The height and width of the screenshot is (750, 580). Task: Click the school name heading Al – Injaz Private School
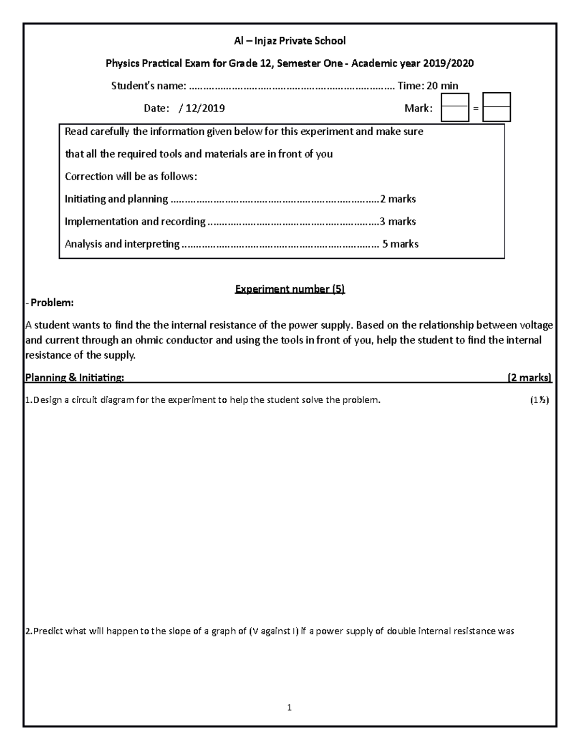(x=290, y=41)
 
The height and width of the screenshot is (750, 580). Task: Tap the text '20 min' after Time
(x=442, y=86)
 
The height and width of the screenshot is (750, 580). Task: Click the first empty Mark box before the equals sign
(x=455, y=107)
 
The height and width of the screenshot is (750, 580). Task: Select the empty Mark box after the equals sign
(x=496, y=107)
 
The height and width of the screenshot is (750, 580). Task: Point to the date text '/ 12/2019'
(x=202, y=108)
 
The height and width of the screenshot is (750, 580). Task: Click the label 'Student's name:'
(x=148, y=86)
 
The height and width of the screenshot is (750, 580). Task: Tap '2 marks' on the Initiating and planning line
(x=398, y=199)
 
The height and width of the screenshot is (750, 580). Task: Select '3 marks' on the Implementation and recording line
(x=397, y=222)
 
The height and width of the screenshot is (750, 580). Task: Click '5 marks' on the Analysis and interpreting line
(x=400, y=244)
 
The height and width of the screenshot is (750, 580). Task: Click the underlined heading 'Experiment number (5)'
(x=290, y=289)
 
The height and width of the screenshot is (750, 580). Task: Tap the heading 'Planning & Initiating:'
(x=74, y=378)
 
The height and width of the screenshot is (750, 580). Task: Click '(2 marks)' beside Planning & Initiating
(x=529, y=378)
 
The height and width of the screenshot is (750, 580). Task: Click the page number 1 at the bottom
(x=290, y=708)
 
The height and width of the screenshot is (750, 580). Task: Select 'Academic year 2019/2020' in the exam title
(x=412, y=63)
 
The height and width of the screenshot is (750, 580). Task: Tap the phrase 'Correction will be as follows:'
(x=131, y=176)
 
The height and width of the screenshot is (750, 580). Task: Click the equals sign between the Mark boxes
(x=476, y=109)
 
